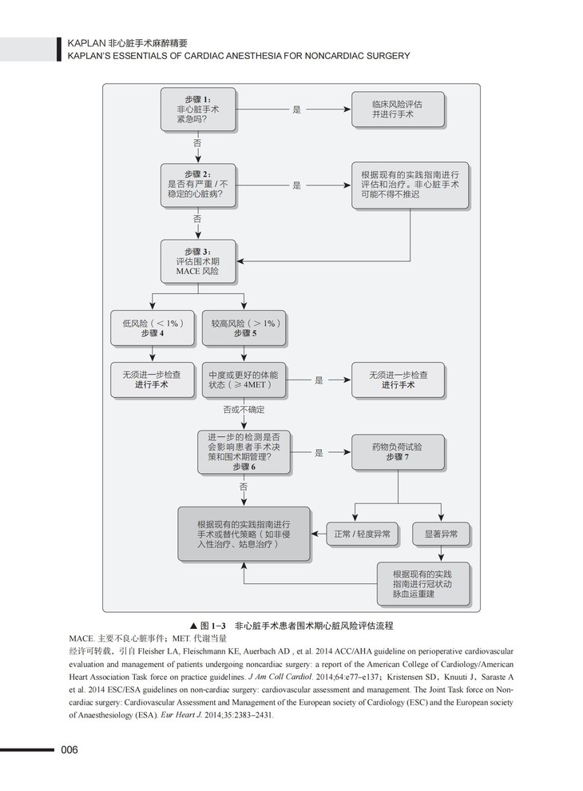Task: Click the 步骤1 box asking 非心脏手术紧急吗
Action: pos(198,109)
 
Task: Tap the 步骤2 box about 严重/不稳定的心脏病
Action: pos(198,185)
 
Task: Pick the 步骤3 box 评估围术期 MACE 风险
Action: pos(197,261)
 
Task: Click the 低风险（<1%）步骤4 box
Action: pos(153,328)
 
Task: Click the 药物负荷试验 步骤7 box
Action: pos(397,452)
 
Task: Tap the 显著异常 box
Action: pos(441,534)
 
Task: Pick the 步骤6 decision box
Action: pos(243,452)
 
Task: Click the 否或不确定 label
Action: pos(243,410)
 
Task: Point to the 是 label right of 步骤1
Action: pos(296,109)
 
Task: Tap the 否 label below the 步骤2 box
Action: pos(197,218)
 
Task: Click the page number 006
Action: pos(69,749)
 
